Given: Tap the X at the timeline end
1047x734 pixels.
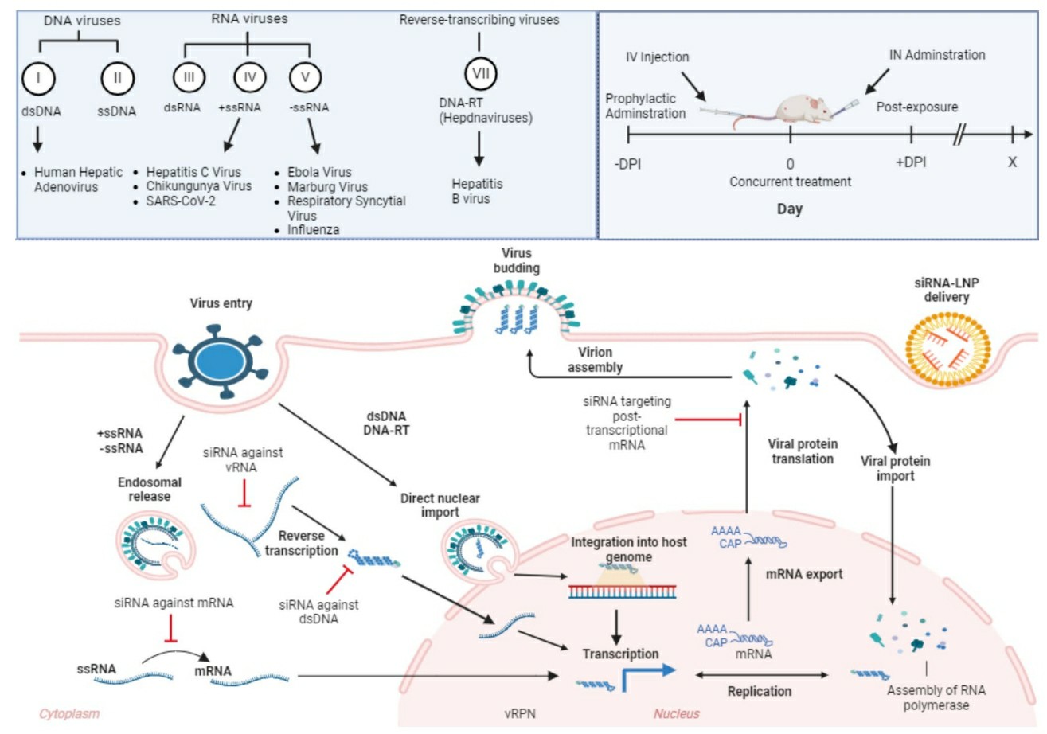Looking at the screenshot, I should (1012, 160).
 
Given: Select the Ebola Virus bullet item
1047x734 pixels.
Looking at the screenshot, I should (322, 173).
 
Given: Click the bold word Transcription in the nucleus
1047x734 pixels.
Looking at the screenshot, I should (620, 653).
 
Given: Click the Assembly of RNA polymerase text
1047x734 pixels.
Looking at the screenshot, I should (932, 697).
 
